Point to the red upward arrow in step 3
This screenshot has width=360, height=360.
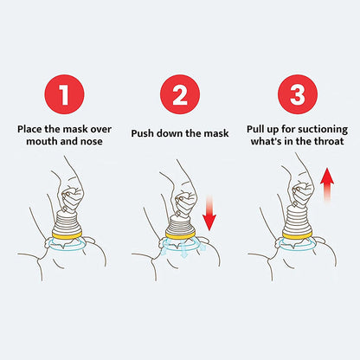click(327, 189)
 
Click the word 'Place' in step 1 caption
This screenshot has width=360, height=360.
click(32, 128)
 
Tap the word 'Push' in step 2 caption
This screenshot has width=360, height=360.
click(145, 134)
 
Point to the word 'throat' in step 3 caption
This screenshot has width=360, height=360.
click(330, 140)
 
